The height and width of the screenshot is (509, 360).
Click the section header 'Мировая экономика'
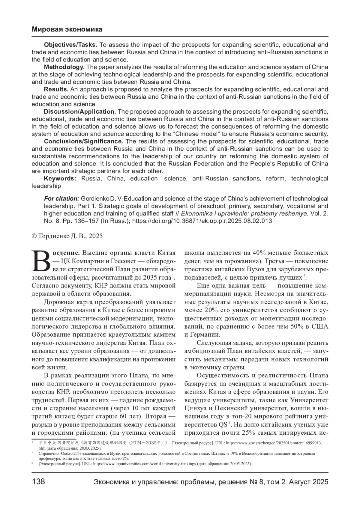pyautogui.click(x=67, y=29)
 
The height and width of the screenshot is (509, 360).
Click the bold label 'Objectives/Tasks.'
pyautogui.click(x=70, y=45)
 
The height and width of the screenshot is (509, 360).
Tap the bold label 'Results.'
pyautogui.click(x=56, y=89)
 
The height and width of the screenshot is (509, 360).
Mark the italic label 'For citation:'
pyautogui.click(x=61, y=199)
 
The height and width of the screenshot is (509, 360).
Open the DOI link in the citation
pyautogui.click(x=202, y=221)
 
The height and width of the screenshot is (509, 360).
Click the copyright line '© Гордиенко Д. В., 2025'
pyautogui.click(x=67, y=236)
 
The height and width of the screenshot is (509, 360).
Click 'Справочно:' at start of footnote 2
pyautogui.click(x=47, y=454)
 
